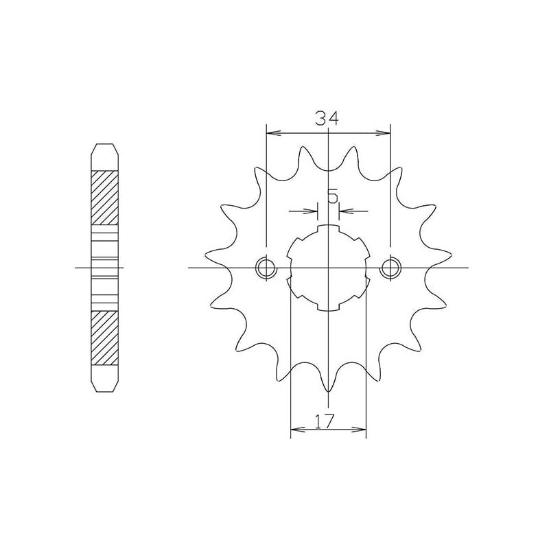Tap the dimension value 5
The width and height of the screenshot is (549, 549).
[332, 197]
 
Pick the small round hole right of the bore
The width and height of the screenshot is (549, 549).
[390, 267]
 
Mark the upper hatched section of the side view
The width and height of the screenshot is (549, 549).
[105, 196]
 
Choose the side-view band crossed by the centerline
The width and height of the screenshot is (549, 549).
[105, 267]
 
